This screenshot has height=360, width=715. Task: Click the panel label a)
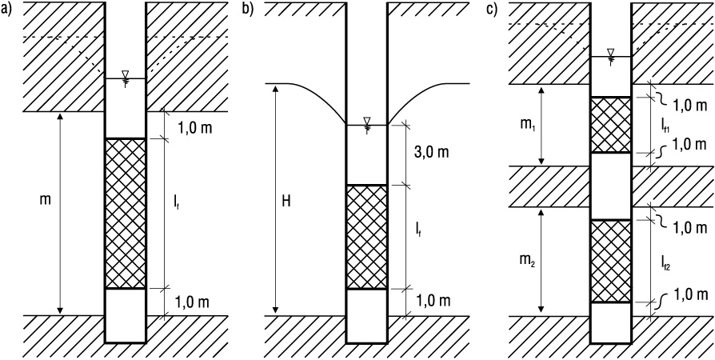pyautogui.click(x=6, y=10)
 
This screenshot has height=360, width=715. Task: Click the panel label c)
pyautogui.click(x=492, y=10)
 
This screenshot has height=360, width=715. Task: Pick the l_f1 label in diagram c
pyautogui.click(x=666, y=124)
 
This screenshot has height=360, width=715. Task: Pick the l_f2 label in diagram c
pyautogui.click(x=667, y=262)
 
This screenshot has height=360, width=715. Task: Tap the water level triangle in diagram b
pyautogui.click(x=366, y=121)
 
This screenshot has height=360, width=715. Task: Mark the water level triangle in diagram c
pyautogui.click(x=610, y=53)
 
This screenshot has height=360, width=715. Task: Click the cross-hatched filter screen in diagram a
pyautogui.click(x=126, y=214)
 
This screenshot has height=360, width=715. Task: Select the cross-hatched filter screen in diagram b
pyautogui.click(x=366, y=237)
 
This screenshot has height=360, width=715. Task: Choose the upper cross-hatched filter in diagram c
pyautogui.click(x=610, y=125)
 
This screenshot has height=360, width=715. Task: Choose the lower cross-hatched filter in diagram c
pyautogui.click(x=610, y=261)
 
